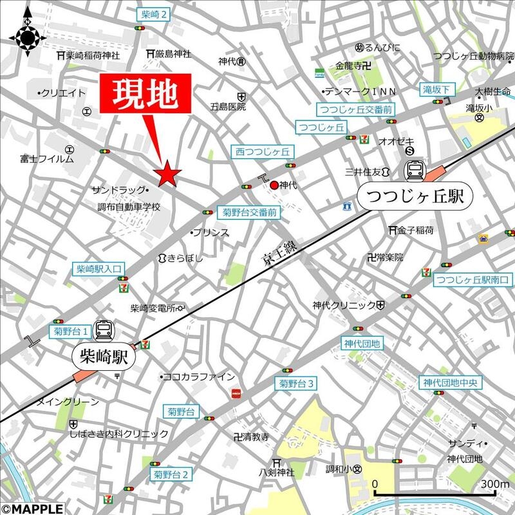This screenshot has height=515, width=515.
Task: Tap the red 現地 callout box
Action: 145,94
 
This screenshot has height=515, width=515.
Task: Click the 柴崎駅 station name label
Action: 104,358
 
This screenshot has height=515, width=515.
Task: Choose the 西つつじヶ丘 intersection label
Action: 262,152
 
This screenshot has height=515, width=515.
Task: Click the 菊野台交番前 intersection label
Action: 249,212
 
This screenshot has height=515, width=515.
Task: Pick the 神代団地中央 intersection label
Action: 452,382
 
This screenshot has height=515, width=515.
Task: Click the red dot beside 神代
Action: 274,185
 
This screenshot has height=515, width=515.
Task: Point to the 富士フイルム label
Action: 47,158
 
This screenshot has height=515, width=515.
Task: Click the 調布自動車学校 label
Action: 128,207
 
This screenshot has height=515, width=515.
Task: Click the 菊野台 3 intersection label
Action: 296,384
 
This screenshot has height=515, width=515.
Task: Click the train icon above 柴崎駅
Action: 104,331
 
